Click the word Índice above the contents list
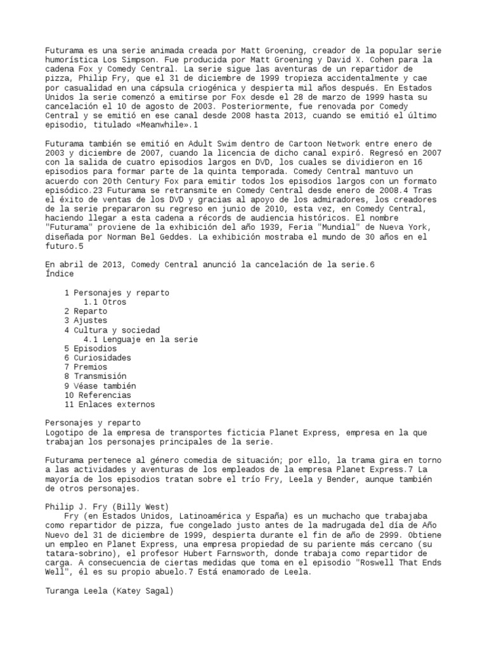(60, 274)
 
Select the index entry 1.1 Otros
(105, 302)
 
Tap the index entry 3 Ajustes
(86, 321)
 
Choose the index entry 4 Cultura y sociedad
(112, 330)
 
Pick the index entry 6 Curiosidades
(98, 358)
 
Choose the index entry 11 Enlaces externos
(110, 404)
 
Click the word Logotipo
(67, 432)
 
